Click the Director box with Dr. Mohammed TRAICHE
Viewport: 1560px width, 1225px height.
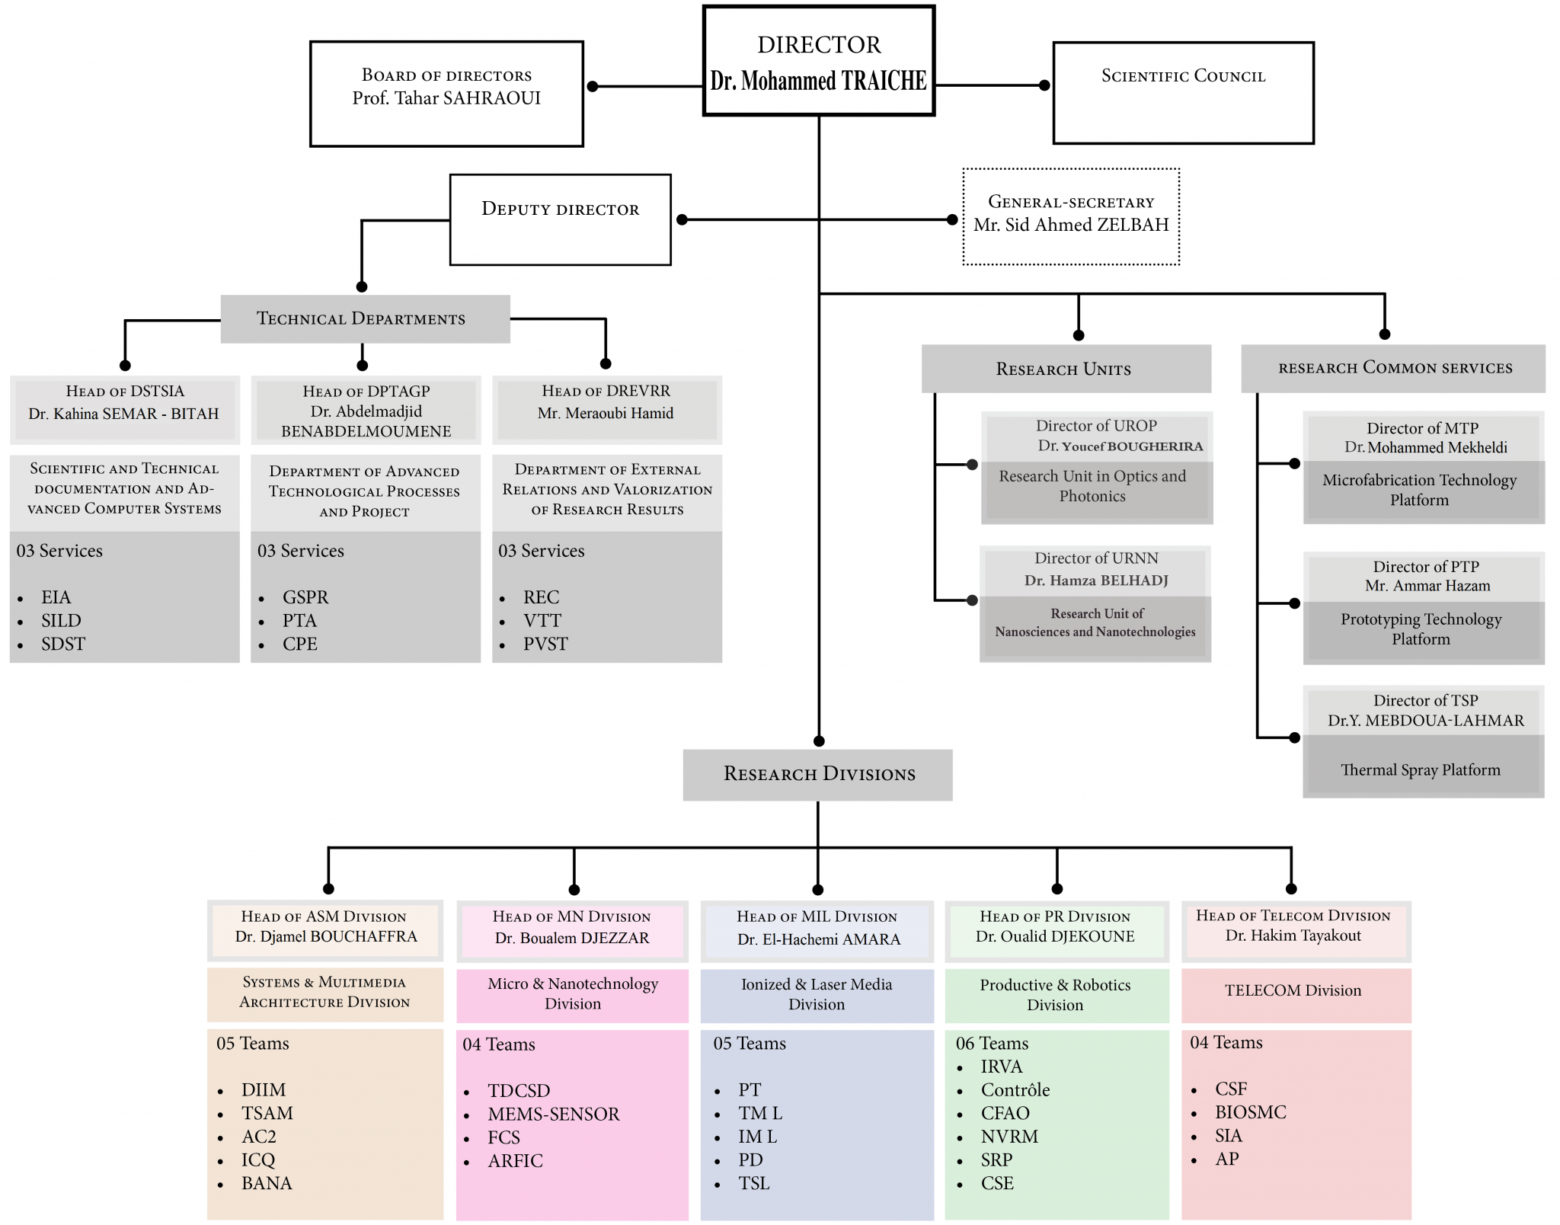click(x=818, y=61)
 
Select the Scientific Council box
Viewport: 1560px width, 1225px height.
click(x=1183, y=92)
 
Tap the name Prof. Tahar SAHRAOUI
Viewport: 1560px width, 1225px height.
click(x=446, y=98)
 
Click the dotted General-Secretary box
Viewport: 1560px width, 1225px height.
click(x=1071, y=216)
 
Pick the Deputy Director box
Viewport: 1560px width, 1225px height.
click(x=560, y=219)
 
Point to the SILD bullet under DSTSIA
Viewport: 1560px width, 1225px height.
click(x=61, y=621)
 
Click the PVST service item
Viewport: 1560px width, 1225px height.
click(x=545, y=644)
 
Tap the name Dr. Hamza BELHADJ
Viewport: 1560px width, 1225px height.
click(x=1095, y=581)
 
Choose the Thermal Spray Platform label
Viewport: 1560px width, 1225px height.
click(x=1420, y=770)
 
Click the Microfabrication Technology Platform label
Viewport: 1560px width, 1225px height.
click(x=1419, y=490)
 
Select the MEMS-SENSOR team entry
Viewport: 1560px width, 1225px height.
click(x=553, y=1115)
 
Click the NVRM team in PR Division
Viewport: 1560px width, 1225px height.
click(x=1009, y=1137)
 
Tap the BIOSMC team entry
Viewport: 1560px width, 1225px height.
click(x=1250, y=1112)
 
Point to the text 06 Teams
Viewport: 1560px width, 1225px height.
click(x=992, y=1044)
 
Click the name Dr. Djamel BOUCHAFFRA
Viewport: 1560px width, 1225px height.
click(x=326, y=936)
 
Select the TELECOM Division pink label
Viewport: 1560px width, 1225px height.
click(x=1293, y=990)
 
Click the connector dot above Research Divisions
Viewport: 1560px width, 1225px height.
click(x=819, y=741)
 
